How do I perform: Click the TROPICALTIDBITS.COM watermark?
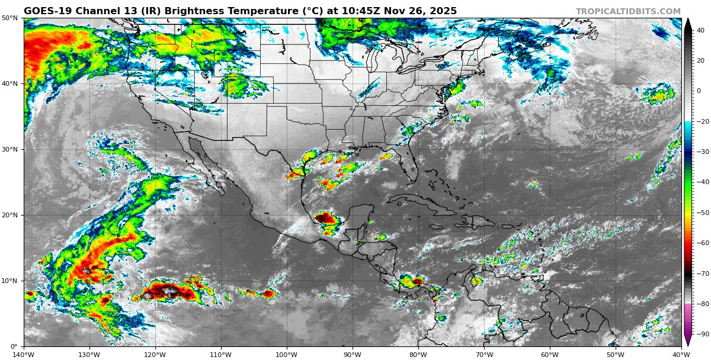coord(628,11)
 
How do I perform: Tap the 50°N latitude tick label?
coord(9,18)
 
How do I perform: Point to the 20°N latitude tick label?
coord(9,216)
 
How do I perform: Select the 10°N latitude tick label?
coord(9,281)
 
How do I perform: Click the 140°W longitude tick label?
coord(24,355)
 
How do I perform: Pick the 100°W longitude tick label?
coord(287,355)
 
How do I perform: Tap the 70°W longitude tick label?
coord(484,355)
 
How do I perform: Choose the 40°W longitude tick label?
coord(681,355)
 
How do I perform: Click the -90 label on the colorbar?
coord(701,335)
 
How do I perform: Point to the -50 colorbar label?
coord(701,213)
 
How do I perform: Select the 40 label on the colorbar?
coord(700,30)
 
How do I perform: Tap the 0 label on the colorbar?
coord(699,91)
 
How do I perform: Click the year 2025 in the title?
coord(442,11)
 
